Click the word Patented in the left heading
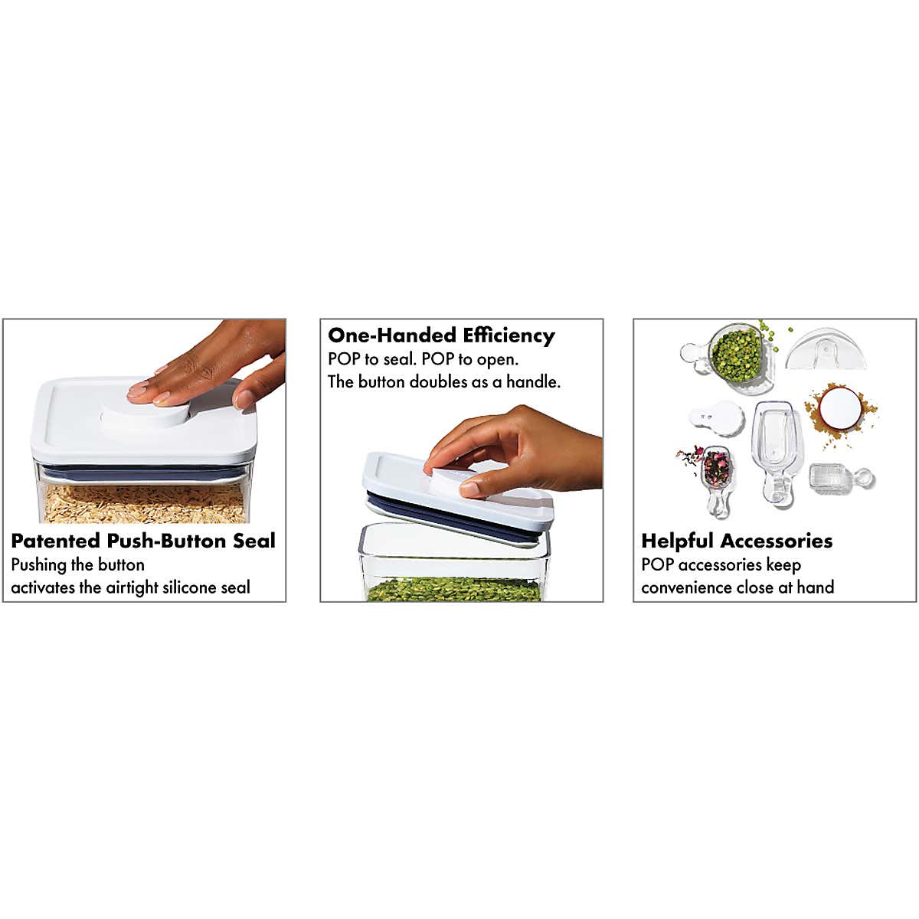(x=56, y=541)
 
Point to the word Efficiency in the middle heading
(x=509, y=335)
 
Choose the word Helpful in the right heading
(x=678, y=541)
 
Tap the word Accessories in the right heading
(x=777, y=541)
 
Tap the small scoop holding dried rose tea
(x=716, y=479)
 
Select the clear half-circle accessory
(x=826, y=349)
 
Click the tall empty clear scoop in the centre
(x=777, y=453)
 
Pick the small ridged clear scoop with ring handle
(x=840, y=478)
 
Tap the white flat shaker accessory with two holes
(x=717, y=418)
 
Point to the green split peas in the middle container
(x=454, y=590)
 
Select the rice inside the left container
(x=143, y=504)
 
